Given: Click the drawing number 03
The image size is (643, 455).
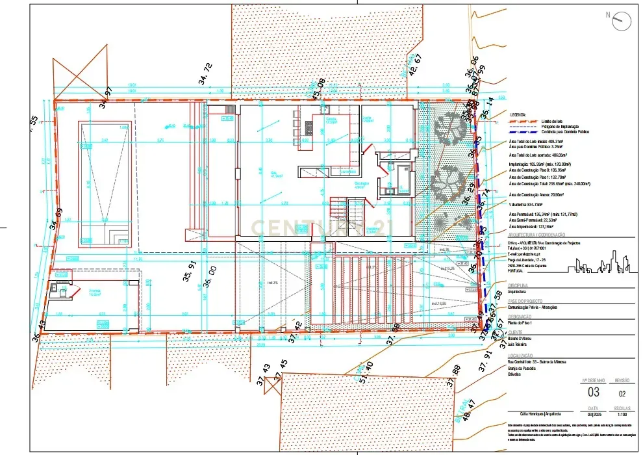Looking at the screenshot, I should (594, 392).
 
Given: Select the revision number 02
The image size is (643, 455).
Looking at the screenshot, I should (622, 393).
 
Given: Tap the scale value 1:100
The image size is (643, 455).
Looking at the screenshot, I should (622, 413).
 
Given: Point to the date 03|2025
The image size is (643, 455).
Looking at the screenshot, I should (594, 413).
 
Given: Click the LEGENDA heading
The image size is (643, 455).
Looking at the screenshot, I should (518, 114).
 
